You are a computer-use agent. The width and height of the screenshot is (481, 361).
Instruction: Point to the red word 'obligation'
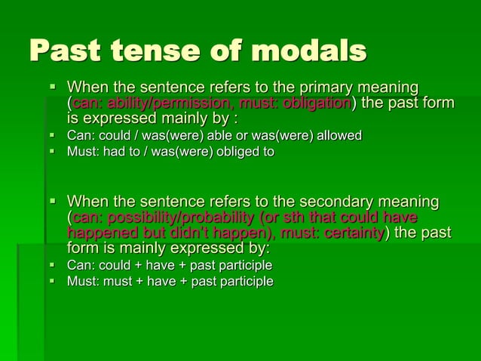(x=316, y=103)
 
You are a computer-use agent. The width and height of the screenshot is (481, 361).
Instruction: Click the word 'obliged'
(x=233, y=152)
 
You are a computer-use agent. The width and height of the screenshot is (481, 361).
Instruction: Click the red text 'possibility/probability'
(x=176, y=218)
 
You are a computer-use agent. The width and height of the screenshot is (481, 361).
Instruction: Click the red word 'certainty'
(x=351, y=233)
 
